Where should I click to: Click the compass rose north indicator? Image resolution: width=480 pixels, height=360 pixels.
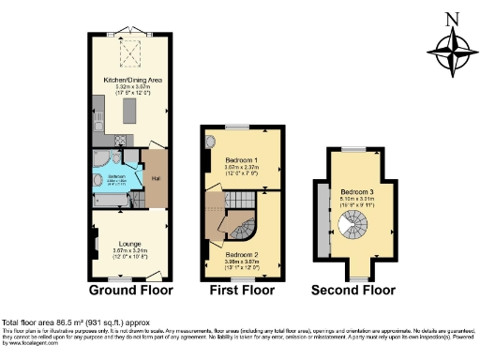[x=451, y=42]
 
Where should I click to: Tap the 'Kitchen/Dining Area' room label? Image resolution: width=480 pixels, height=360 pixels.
[x=132, y=81]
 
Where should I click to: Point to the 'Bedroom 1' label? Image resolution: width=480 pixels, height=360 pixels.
[x=241, y=160]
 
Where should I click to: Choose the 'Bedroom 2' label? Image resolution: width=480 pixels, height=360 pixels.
[x=241, y=253]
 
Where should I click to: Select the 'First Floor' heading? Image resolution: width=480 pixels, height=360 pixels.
[x=241, y=290]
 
